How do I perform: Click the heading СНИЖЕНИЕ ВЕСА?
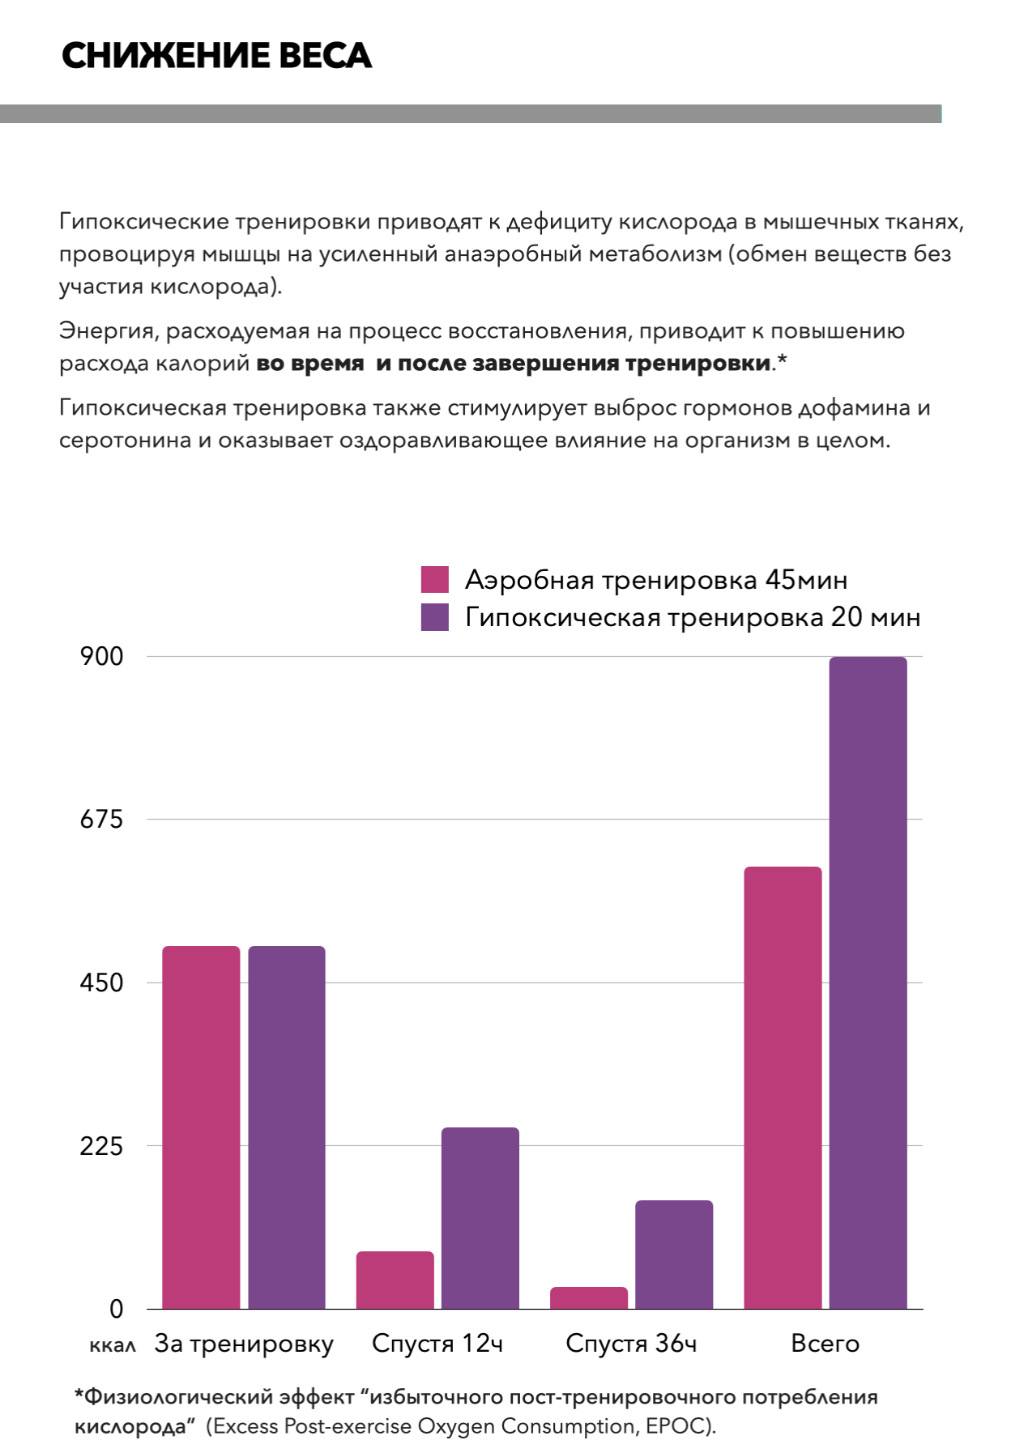[216, 56]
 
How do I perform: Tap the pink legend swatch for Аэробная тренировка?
[434, 580]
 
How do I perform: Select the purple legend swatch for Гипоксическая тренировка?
[434, 617]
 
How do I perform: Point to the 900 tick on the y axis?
[102, 657]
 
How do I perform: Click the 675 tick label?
[102, 820]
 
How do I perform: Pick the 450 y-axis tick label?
[102, 983]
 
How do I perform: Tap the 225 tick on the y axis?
[102, 1146]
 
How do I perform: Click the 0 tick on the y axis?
[117, 1309]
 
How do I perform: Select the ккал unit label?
[113, 1345]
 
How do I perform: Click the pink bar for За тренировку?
[201, 1126]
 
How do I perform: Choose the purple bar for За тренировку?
[287, 1126]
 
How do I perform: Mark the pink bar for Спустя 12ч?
[395, 1280]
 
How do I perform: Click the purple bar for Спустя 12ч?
[480, 1217]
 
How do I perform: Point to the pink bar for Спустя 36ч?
[589, 1297]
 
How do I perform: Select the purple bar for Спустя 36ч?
[674, 1254]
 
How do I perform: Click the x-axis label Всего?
[825, 1344]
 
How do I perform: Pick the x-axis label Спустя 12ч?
[437, 1344]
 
